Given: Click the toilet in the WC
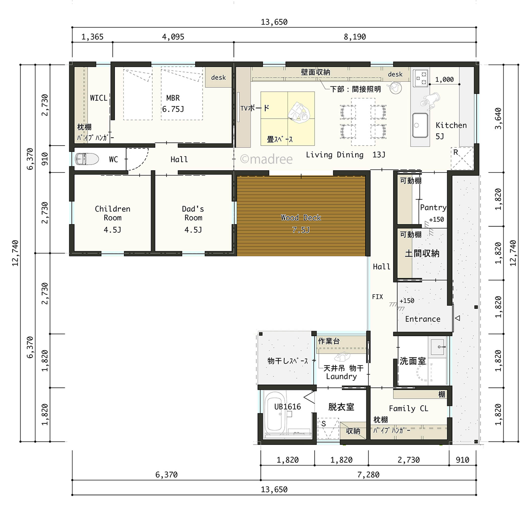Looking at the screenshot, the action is click(87, 159).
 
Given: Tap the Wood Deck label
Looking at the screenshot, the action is click(301, 218).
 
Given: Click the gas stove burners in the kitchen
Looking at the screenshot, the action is click(420, 78).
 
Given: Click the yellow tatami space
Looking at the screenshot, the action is click(287, 118).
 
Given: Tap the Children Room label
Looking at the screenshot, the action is click(112, 213).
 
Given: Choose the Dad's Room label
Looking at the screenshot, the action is click(193, 213).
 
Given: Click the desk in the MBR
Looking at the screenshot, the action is click(218, 77).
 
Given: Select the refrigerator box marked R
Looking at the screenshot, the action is click(462, 158).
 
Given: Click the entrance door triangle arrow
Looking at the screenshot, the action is click(458, 318).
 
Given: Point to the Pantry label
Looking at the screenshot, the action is click(433, 207).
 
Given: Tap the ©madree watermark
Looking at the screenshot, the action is click(266, 159).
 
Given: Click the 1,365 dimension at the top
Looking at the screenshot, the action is click(92, 37).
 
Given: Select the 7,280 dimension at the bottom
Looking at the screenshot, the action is click(368, 475).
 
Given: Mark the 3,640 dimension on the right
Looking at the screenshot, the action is click(498, 118).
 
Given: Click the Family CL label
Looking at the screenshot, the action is click(408, 408).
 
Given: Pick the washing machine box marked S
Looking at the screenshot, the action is click(328, 428).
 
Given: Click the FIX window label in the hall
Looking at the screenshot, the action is click(377, 296).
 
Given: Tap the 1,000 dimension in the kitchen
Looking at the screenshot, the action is click(444, 79).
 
